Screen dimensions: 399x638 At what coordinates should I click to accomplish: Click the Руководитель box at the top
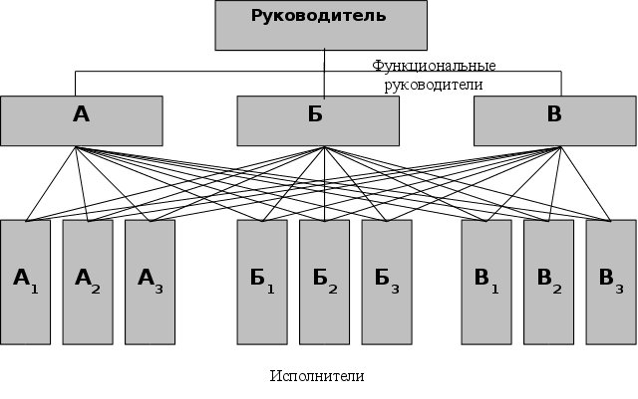(320, 25)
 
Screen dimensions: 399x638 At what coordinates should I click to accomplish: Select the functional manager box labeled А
(82, 120)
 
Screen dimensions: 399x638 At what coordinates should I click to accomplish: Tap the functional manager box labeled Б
(318, 120)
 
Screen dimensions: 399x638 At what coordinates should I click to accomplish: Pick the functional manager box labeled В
(554, 120)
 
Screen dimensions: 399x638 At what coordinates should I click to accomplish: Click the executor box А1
(25, 282)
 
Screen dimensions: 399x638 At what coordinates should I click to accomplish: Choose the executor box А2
(88, 282)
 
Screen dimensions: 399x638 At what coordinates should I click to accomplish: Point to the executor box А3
(150, 282)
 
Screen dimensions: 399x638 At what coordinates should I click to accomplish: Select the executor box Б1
(262, 282)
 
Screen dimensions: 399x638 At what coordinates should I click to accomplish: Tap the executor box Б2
(324, 282)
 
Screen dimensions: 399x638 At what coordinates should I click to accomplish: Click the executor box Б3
(387, 282)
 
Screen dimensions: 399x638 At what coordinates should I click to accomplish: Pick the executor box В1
(486, 282)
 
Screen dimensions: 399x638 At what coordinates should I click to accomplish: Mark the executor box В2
(548, 282)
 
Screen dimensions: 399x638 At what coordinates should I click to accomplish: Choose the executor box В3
(611, 282)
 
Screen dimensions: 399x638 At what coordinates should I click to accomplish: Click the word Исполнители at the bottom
(317, 376)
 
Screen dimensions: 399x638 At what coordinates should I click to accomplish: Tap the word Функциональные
(434, 66)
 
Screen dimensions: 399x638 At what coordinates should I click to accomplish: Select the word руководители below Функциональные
(434, 85)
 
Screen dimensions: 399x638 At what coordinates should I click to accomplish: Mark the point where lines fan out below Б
(324, 148)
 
